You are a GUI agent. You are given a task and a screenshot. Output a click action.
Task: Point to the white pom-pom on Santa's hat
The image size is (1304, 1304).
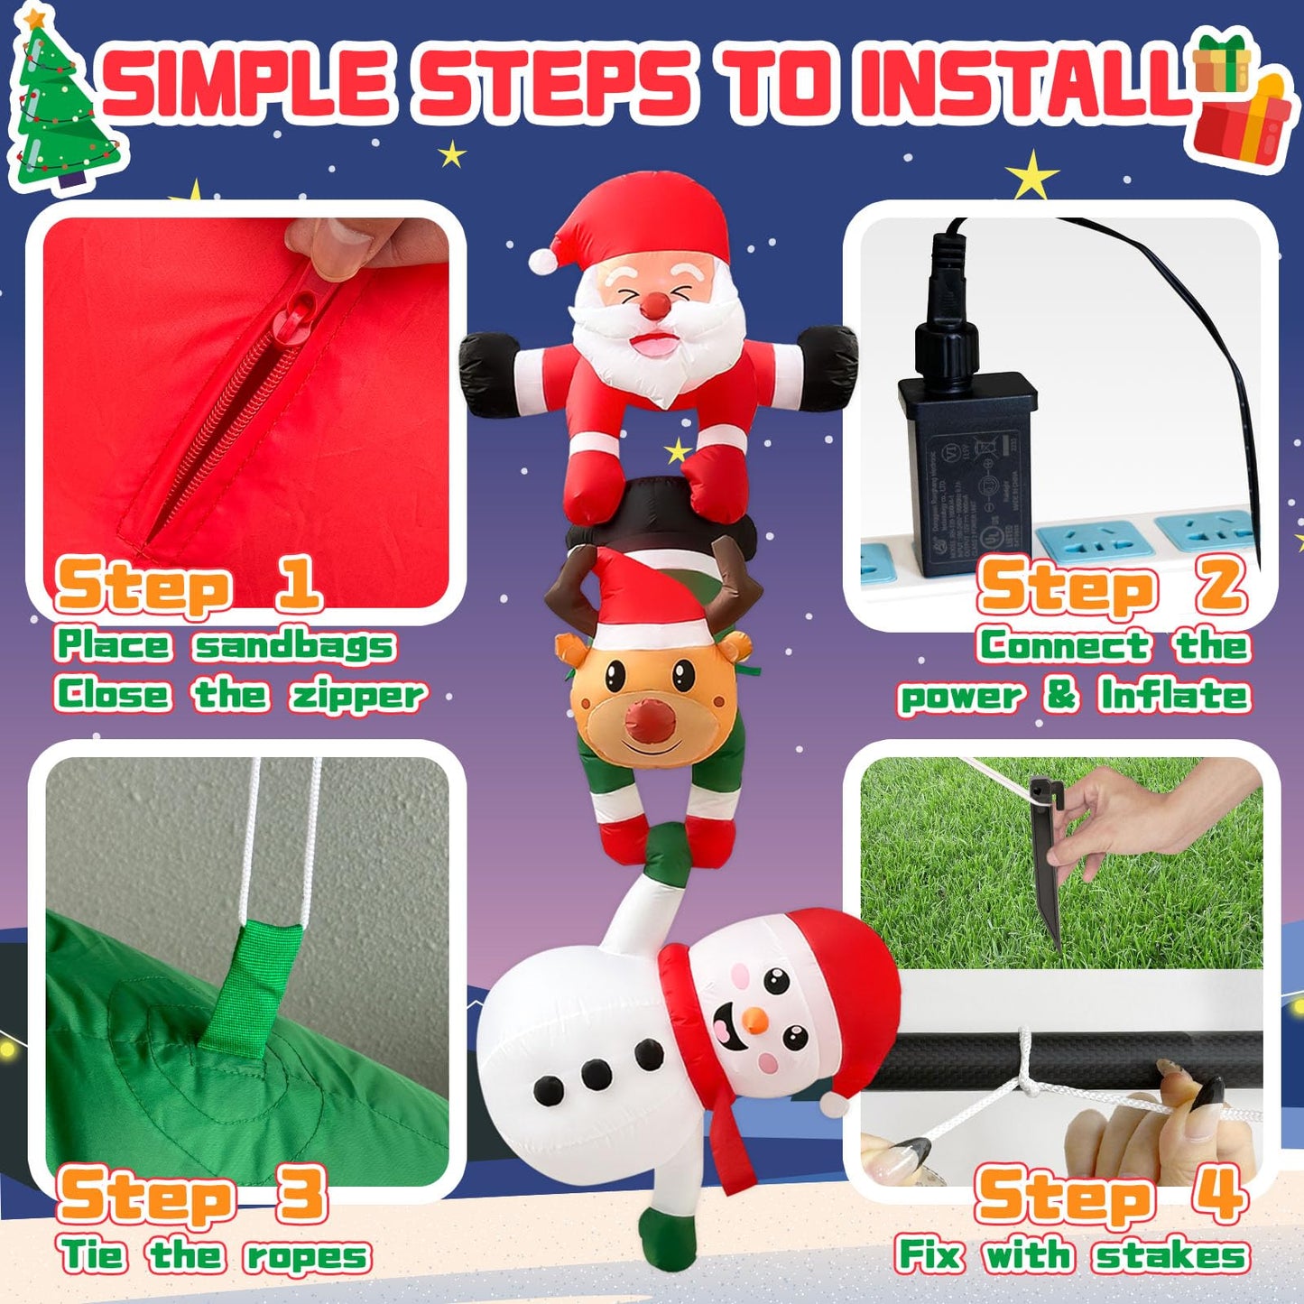coord(542,260)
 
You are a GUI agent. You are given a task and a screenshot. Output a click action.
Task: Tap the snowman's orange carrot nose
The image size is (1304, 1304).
coord(753,1022)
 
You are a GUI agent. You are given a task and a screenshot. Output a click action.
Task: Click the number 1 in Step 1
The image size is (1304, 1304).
coord(298,585)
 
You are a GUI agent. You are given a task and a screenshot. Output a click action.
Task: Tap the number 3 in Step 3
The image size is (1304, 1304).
coord(301,1193)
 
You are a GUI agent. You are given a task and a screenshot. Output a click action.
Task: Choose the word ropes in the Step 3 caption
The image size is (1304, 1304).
coord(307,1255)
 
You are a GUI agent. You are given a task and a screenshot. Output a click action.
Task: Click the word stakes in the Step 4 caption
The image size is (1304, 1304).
coord(1170,1255)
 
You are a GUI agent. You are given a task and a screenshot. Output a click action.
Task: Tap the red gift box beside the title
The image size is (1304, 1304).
coord(1241,126)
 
